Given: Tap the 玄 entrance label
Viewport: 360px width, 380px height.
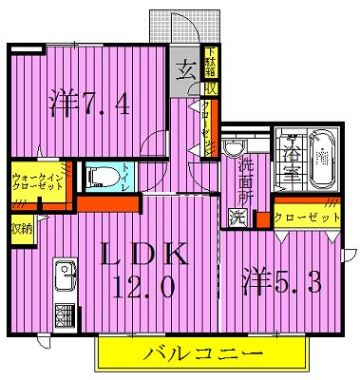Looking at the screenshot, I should (183, 69).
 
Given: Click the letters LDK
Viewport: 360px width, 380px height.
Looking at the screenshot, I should (148, 256).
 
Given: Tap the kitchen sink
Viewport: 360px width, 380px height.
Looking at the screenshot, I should (66, 277).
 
